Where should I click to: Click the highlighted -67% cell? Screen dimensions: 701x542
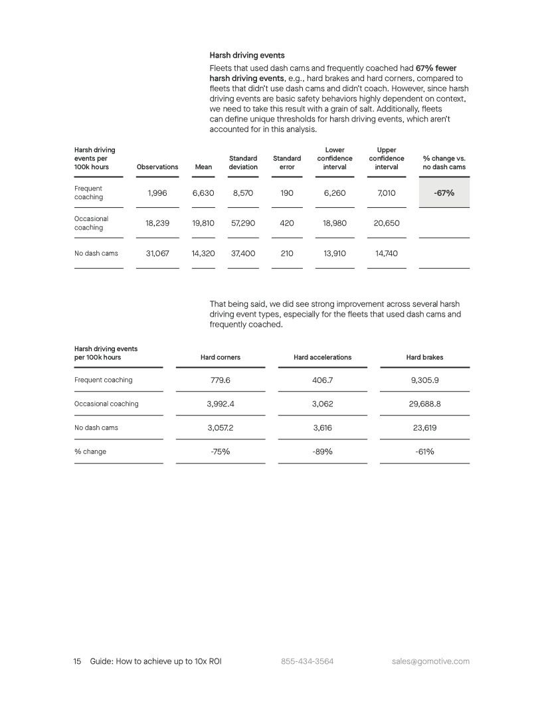pos(444,193)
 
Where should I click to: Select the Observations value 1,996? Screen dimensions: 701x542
pos(157,193)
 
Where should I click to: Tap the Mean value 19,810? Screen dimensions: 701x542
pos(203,223)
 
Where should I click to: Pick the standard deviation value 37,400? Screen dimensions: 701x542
pos(243,254)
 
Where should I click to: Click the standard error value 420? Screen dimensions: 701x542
pos(287,223)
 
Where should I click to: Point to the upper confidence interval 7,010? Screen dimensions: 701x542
pos(387,193)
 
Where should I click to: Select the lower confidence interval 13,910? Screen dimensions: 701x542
pos(335,254)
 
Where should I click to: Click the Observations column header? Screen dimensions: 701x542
pos(157,167)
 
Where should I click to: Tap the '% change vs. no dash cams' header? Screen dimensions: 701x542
pos(444,163)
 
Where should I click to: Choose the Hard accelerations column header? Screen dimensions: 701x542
pos(322,357)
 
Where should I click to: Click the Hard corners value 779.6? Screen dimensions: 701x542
pos(221,380)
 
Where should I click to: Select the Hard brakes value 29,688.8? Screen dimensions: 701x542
pos(424,404)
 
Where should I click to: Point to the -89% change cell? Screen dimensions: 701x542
pos(322,451)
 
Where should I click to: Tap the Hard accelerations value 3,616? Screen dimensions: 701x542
pos(322,428)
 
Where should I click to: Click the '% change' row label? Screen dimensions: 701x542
pos(90,451)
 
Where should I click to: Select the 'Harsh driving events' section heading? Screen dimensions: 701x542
pos(246,55)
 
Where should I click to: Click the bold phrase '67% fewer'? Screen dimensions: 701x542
pos(436,68)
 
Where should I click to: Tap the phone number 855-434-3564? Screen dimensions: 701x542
pos(307,661)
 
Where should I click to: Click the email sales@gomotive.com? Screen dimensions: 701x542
pos(430,661)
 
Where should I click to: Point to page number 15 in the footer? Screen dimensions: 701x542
pos(77,661)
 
